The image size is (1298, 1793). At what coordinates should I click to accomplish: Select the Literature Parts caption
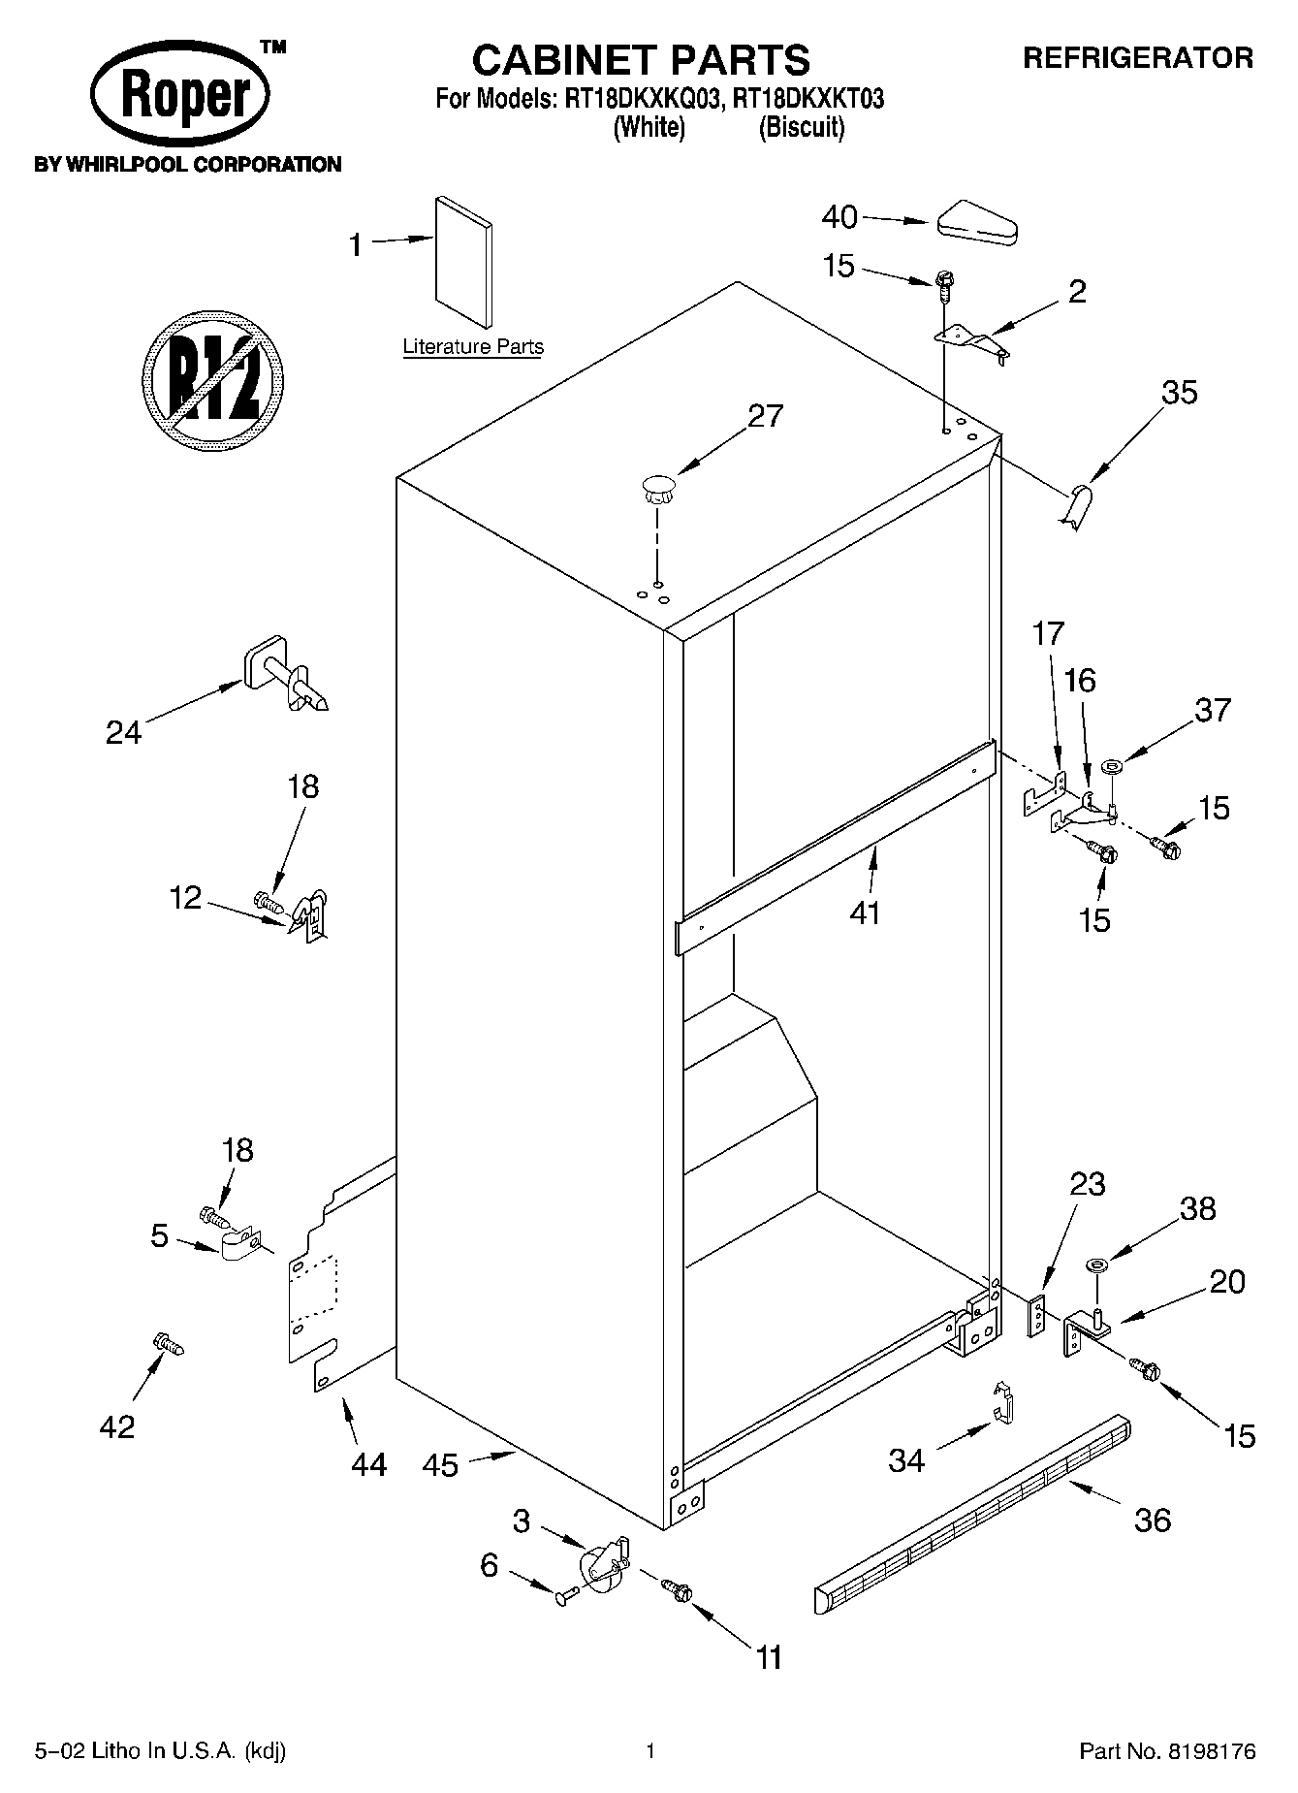pos(473,346)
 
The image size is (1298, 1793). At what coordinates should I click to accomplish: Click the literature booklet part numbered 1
pos(463,264)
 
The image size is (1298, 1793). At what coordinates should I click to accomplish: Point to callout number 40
pos(839,216)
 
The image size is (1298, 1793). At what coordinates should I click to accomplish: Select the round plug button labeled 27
pos(656,487)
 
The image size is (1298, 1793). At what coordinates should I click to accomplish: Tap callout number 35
pos(1180,393)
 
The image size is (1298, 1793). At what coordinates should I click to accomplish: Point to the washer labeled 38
pos(1097,1265)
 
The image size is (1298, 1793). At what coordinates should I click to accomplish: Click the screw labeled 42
pos(168,1344)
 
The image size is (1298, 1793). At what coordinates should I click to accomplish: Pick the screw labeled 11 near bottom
pos(676,1587)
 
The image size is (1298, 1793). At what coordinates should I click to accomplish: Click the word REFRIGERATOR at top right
pos(1138,58)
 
